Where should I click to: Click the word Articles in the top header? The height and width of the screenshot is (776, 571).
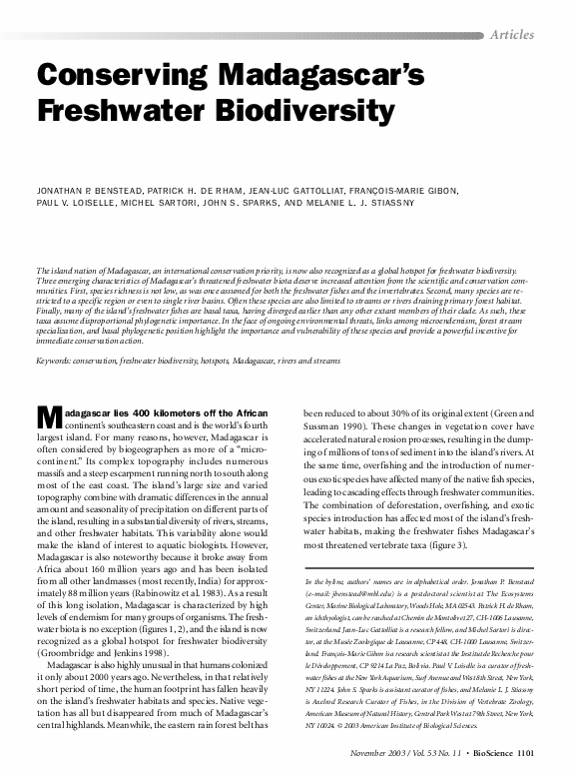512,34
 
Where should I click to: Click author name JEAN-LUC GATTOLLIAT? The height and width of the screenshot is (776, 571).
288,191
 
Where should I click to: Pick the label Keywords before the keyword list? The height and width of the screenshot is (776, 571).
57,358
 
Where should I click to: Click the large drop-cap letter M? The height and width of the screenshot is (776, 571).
49,416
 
